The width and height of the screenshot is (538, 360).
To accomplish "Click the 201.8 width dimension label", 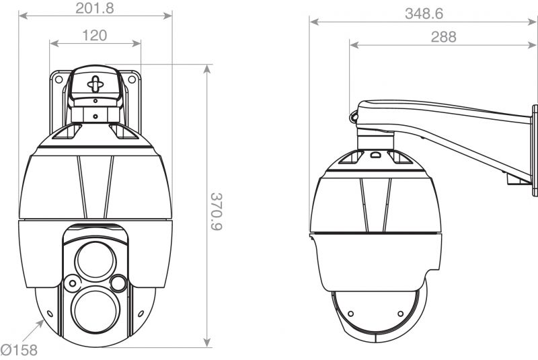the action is point(94,8).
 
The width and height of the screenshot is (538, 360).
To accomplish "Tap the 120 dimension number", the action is point(95,35).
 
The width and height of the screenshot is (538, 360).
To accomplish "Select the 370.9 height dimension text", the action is point(217,211).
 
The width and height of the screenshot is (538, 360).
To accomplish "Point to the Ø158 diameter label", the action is point(19,350).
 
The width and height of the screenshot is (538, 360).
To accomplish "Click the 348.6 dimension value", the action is point(424,13).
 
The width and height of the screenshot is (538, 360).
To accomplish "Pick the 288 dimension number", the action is point(443,37).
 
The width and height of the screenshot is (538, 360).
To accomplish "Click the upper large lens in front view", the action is point(95,260).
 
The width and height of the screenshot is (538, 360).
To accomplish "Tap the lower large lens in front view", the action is point(95,310).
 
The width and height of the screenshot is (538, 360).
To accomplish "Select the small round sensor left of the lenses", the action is point(73,283).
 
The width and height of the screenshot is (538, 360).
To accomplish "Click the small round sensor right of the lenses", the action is point(118,283).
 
